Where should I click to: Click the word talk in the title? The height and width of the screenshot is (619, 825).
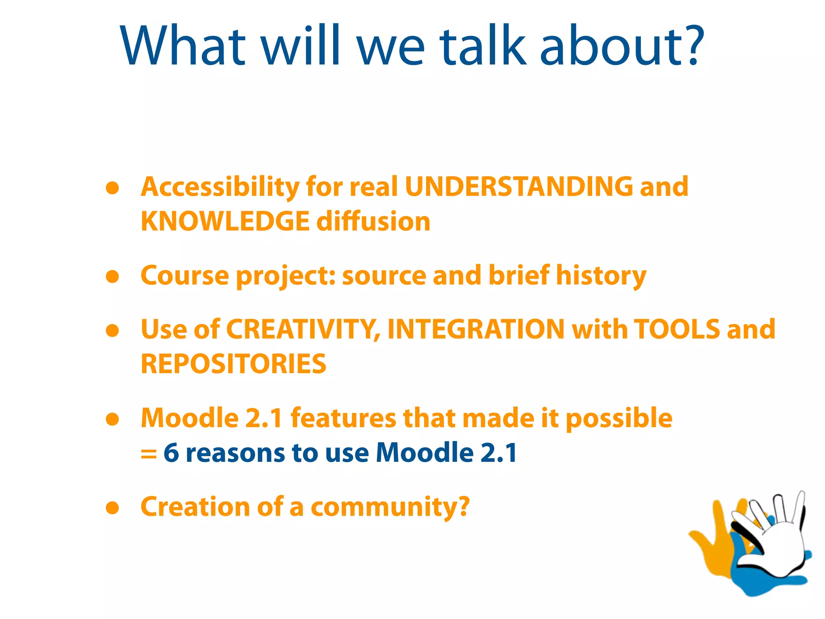pos(483,45)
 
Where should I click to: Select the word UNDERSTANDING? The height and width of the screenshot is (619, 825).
pos(519,187)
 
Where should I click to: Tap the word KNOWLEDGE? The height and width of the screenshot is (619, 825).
pos(225,222)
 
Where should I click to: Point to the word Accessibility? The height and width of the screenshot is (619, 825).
pos(220,188)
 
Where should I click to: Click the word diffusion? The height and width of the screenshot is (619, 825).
pos(373,222)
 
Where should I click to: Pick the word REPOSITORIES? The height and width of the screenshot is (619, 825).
pos(233,364)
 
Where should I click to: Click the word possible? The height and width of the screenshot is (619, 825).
pos(619,418)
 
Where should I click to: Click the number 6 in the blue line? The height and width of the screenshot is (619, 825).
pos(171,453)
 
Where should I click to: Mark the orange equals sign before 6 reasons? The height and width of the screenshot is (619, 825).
pos(148,454)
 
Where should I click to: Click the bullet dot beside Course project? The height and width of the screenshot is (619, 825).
pos(112,276)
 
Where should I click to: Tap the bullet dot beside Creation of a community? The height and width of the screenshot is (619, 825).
pos(112,508)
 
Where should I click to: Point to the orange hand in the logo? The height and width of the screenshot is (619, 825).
pos(713,540)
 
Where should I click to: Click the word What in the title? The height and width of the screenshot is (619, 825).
pos(183,45)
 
